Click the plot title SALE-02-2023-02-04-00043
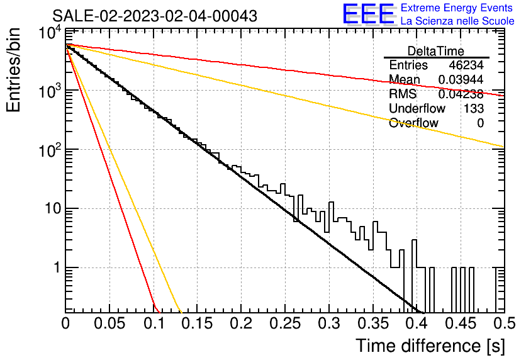point(155,16)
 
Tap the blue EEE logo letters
point(368,14)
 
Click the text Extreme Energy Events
point(457,8)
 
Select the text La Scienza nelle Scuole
point(457,21)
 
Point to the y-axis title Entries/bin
point(13,70)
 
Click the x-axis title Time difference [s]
point(430,346)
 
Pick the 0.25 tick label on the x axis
point(285,323)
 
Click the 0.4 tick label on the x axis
point(417,323)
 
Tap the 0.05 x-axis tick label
point(109,323)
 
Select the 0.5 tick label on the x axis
point(504,323)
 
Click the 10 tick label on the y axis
point(53,209)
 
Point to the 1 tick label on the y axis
point(57,267)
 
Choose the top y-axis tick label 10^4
point(50,33)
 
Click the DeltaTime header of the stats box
point(436,51)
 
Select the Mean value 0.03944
point(461,79)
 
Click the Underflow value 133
point(474,108)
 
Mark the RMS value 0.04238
point(461,94)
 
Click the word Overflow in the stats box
point(413,123)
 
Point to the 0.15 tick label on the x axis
point(198,323)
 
